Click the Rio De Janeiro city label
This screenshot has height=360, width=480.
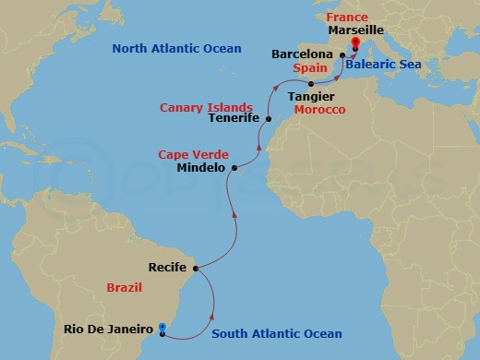[x=108, y=328]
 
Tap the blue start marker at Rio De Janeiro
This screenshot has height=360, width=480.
[x=162, y=327]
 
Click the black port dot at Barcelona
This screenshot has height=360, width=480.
[x=342, y=55]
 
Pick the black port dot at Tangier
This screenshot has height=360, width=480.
[x=311, y=84]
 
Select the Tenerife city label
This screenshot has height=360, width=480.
[x=234, y=118]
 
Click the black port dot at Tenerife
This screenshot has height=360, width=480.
[x=268, y=119]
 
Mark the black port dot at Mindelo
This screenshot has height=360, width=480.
[x=234, y=168]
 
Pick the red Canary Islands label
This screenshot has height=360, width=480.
[x=206, y=107]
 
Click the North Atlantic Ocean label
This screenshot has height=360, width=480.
[x=176, y=48]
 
